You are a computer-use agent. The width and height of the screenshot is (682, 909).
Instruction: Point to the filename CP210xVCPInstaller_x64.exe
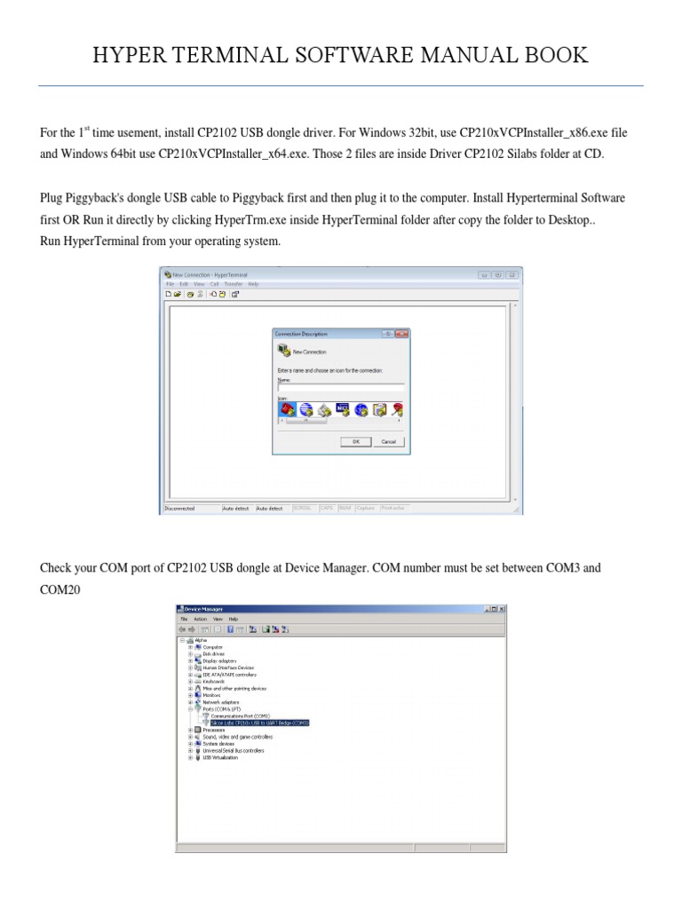tap(234, 154)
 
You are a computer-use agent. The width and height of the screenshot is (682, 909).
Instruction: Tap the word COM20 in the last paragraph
tap(60, 589)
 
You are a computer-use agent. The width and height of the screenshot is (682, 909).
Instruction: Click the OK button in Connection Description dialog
tap(355, 441)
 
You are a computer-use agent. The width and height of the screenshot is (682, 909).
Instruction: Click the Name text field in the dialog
tap(341, 388)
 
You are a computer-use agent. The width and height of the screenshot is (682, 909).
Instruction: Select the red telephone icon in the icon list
tap(286, 409)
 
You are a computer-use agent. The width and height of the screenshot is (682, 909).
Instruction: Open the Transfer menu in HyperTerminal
tap(233, 284)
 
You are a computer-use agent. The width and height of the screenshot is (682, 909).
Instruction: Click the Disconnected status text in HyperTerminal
tap(182, 509)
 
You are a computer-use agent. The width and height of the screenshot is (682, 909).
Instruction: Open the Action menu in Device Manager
tap(200, 619)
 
